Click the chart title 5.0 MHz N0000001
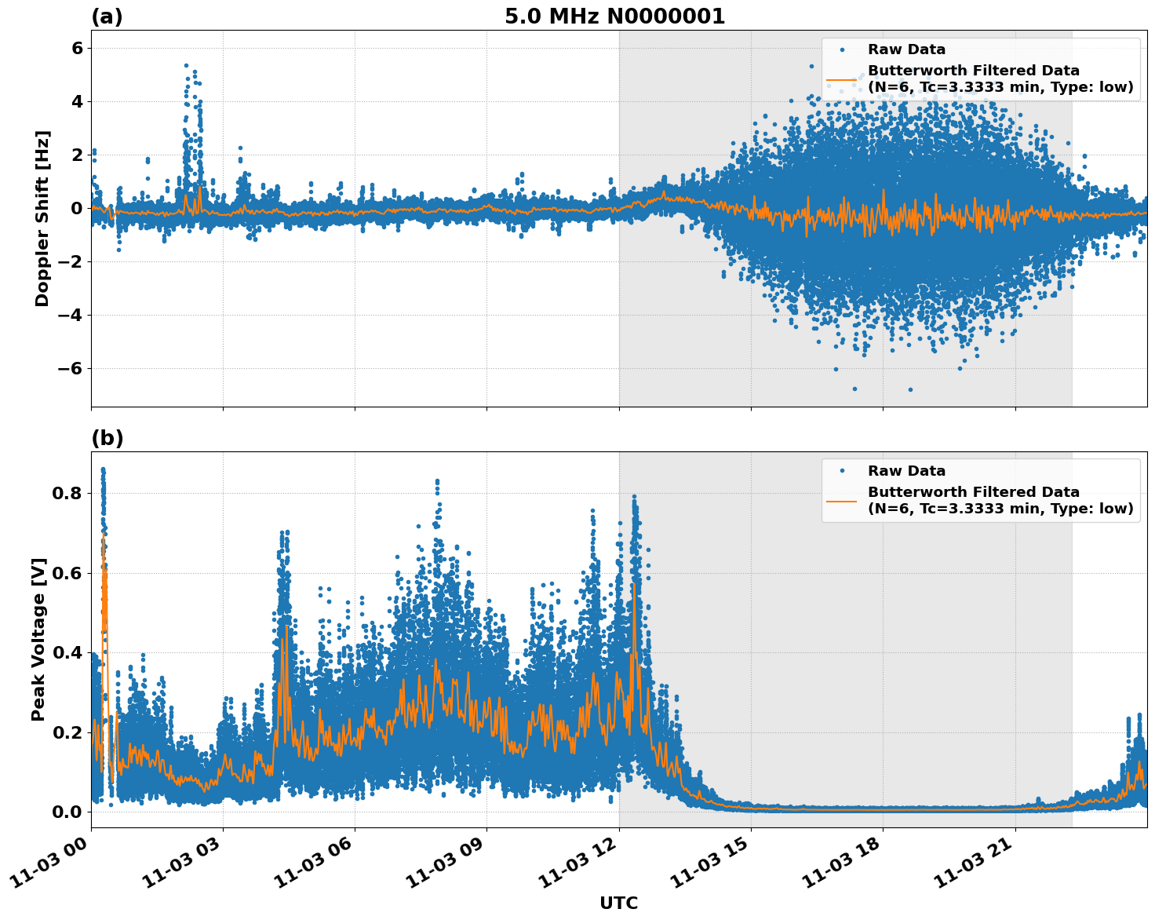point(614,16)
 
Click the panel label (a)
point(107,16)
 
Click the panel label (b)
point(107,438)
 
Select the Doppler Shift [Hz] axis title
point(42,218)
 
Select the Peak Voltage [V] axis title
point(38,639)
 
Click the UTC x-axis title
point(618,903)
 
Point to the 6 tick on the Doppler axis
point(77,49)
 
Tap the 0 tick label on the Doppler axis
point(77,209)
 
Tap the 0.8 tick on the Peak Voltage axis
point(67,494)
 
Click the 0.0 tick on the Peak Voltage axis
point(67,812)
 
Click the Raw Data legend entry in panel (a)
point(906,49)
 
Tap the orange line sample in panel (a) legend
point(841,79)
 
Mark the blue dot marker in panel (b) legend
point(841,471)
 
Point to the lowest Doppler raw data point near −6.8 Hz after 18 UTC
point(910,389)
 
